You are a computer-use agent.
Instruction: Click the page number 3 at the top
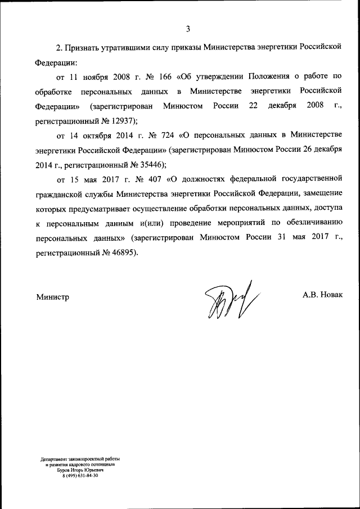pos(188,29)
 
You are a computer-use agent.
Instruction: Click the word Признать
pos(84,48)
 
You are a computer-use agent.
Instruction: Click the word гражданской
pos(60,194)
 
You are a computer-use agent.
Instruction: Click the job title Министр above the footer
pos(53,296)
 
